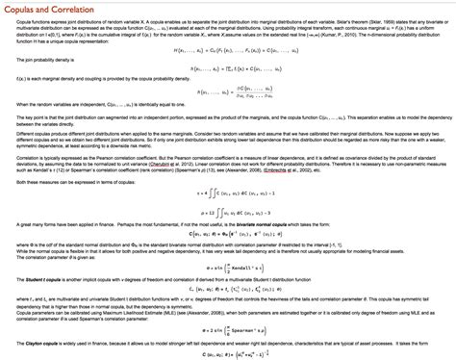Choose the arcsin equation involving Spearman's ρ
228,328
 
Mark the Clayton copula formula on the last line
228,353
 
